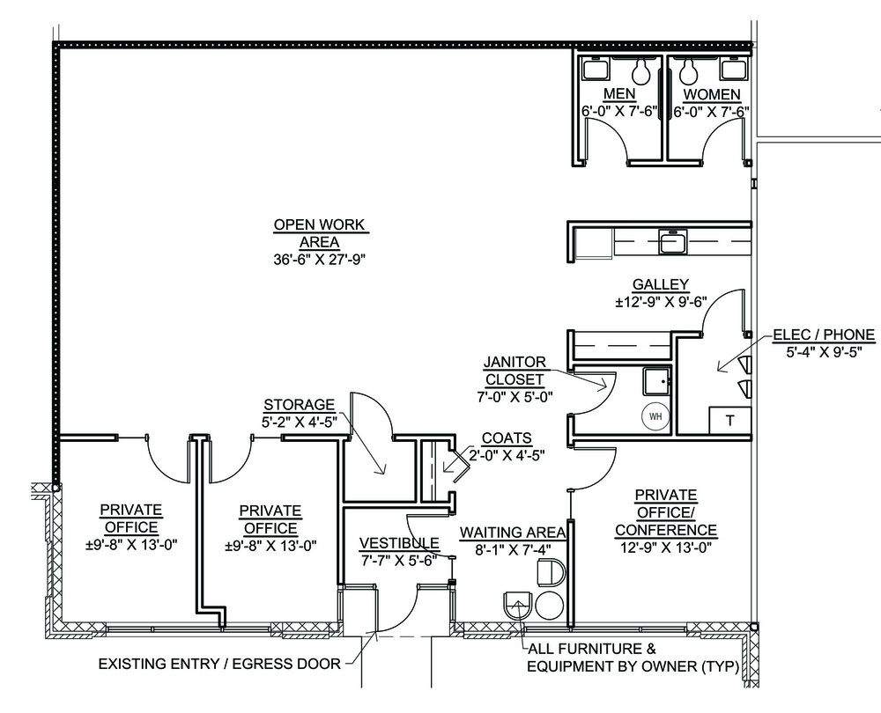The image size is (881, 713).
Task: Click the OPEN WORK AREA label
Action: pyautogui.click(x=319, y=233)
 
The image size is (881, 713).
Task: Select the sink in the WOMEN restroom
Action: pyautogui.click(x=734, y=69)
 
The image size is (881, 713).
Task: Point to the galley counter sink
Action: pyautogui.click(x=672, y=241)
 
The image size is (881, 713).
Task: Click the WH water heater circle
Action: pyautogui.click(x=655, y=416)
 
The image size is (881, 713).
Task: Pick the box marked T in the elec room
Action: pyautogui.click(x=729, y=421)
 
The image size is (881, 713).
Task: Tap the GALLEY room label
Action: pyautogui.click(x=660, y=284)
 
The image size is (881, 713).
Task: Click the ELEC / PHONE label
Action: pyautogui.click(x=824, y=334)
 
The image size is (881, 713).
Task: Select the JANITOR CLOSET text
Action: pyautogui.click(x=515, y=371)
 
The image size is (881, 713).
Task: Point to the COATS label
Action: pyautogui.click(x=507, y=437)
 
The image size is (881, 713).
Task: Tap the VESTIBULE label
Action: pyautogui.click(x=399, y=543)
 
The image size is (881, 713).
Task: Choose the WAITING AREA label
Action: pyautogui.click(x=513, y=532)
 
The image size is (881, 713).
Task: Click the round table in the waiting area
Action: pyautogui.click(x=549, y=605)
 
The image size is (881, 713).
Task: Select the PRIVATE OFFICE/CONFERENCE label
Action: pyautogui.click(x=666, y=512)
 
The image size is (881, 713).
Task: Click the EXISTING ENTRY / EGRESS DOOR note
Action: pyautogui.click(x=219, y=664)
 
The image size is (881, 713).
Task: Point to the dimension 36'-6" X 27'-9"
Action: pyautogui.click(x=319, y=260)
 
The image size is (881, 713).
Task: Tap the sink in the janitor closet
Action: pyautogui.click(x=657, y=381)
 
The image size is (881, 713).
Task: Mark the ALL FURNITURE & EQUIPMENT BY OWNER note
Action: pyautogui.click(x=633, y=658)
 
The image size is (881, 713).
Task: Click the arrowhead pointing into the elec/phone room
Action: pyautogui.click(x=721, y=368)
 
